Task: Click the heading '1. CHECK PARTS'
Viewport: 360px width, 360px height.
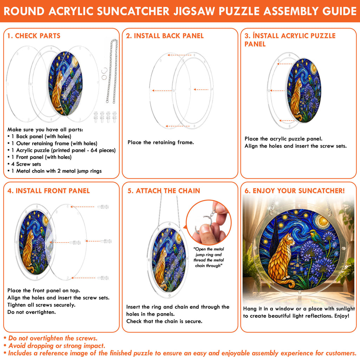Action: pos(34,36)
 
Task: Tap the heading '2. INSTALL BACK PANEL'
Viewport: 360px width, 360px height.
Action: pos(165,36)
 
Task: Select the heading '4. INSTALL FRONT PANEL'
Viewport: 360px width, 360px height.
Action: pos(49,191)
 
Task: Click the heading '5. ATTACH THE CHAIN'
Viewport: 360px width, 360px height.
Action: pos(164,191)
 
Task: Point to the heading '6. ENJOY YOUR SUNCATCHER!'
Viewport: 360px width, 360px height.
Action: pos(295,191)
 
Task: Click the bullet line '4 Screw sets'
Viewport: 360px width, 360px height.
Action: pos(26,164)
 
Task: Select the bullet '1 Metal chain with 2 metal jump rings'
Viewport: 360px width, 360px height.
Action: pos(54,171)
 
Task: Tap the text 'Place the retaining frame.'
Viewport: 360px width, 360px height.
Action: pos(161,142)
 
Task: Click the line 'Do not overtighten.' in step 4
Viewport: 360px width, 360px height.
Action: pos(31,312)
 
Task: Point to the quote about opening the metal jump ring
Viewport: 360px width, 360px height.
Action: pos(208,257)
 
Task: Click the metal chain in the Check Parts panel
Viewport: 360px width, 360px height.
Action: pos(112,71)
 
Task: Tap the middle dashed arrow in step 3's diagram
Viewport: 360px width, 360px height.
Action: pos(278,91)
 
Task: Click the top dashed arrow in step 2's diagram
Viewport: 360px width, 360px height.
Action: pos(179,55)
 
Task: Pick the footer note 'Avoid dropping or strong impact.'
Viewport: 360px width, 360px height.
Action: pos(54,346)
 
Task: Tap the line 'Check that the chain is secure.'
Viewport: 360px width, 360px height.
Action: pos(164,321)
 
